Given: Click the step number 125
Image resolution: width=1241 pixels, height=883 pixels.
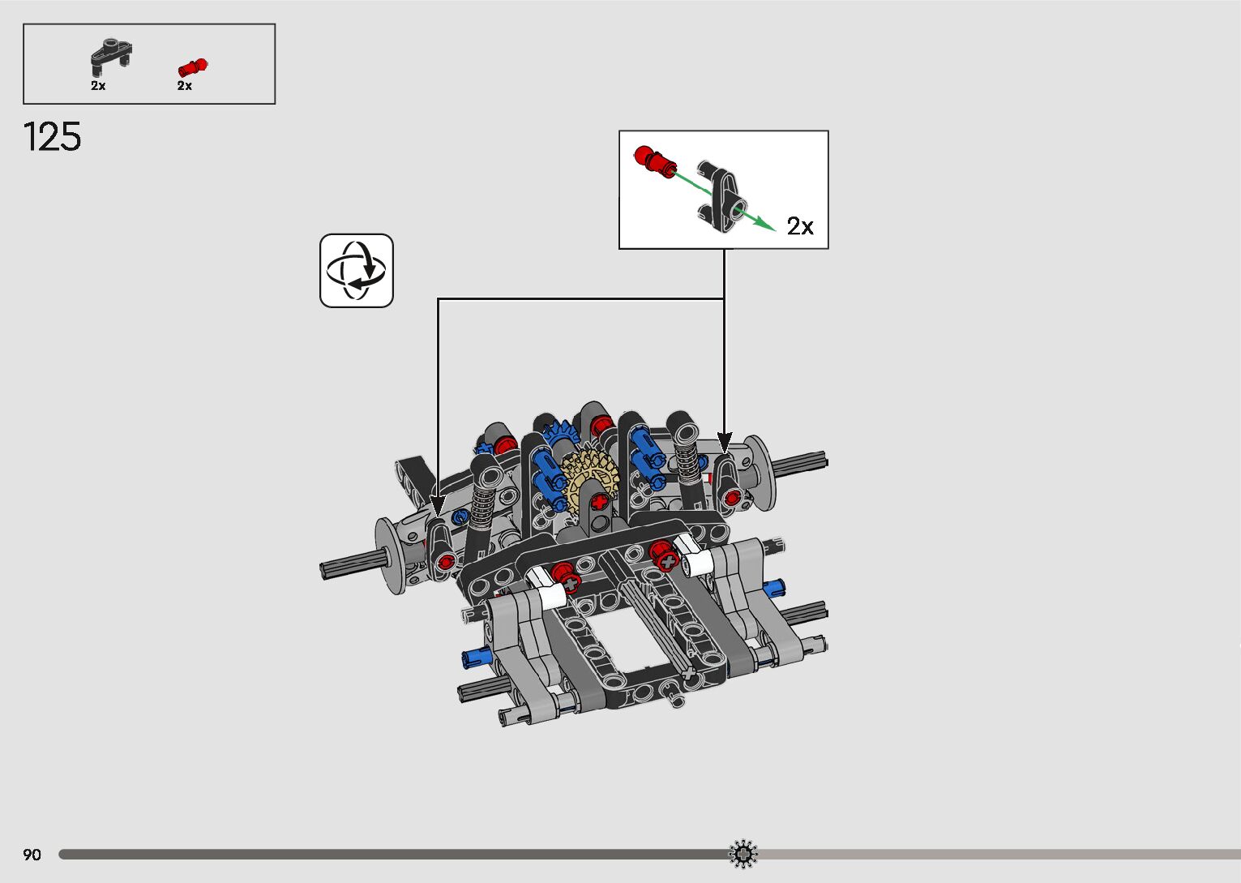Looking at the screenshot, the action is (x=52, y=136).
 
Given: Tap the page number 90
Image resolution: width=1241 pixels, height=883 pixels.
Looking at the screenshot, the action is (x=32, y=854).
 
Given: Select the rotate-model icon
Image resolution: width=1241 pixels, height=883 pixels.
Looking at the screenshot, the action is (x=356, y=271).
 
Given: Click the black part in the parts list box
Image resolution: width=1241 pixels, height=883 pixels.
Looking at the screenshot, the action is (x=111, y=58).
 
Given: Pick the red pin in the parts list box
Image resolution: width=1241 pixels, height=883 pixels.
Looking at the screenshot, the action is (x=192, y=67).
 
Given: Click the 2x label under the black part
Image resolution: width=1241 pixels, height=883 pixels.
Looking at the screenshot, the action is (x=98, y=85).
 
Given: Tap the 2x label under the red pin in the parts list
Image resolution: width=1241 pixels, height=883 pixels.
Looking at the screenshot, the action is (x=185, y=85).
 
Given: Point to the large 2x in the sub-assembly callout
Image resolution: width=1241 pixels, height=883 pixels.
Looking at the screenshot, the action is (x=800, y=226).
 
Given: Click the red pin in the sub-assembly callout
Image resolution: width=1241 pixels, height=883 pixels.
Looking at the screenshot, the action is (x=655, y=161).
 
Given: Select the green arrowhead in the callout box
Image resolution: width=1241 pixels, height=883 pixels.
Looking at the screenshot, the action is (x=765, y=223).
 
